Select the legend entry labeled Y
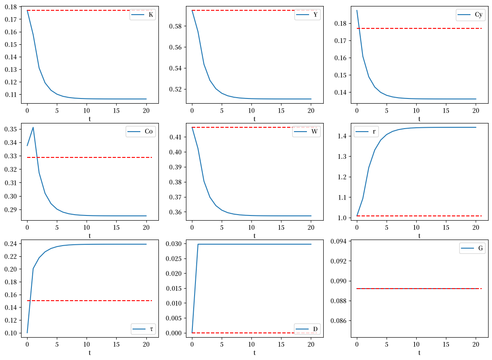pos(307,15)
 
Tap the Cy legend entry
pos(470,15)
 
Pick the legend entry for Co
pos(140,131)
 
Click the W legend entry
pos(306,131)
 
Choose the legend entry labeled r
pos(366,131)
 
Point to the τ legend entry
pos(143,329)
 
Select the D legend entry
pos(307,329)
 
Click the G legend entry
pos(472,248)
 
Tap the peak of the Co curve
pos(33,127)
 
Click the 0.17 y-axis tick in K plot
pos(11,19)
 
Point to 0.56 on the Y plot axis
pos(175,47)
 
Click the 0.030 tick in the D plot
pos(174,244)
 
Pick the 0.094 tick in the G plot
pos(339,241)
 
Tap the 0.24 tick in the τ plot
pos(11,244)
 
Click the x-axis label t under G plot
pos(419,353)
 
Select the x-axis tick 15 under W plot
pos(281,228)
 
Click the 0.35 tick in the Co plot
pos(11,129)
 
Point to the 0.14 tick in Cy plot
pos(340,92)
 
